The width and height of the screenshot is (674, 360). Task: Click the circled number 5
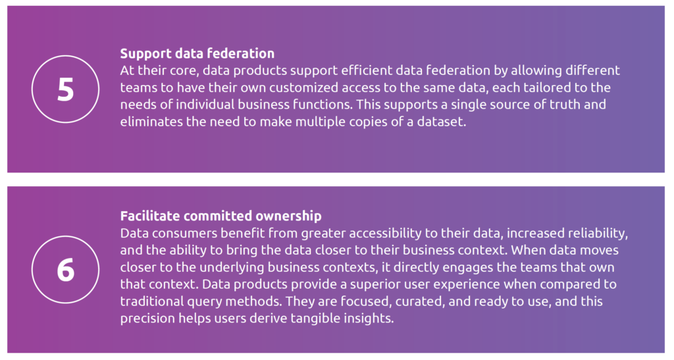point(65,90)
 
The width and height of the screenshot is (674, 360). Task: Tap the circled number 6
point(65,270)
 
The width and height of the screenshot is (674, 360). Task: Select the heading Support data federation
point(197,53)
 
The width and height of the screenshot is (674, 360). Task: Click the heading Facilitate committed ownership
point(221,216)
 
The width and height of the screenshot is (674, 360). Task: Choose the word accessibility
point(393,233)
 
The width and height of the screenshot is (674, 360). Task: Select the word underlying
point(232,267)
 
